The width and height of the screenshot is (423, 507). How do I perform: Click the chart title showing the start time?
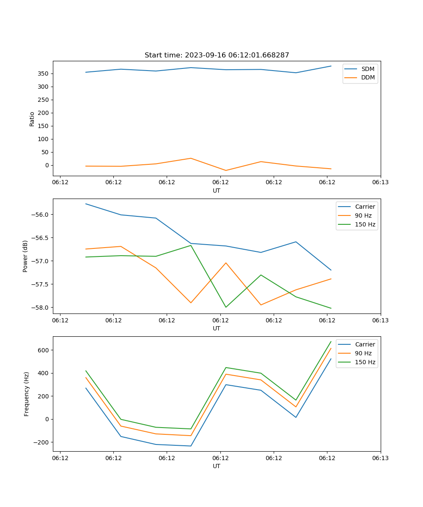tap(217, 55)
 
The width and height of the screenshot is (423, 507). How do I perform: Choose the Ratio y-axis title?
tap(32, 119)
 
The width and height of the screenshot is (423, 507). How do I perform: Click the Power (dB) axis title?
tap(25, 256)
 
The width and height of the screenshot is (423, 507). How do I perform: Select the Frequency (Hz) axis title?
tap(26, 394)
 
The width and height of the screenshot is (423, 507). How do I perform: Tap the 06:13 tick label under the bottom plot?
tap(380, 458)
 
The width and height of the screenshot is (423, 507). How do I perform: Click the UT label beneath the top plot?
tap(217, 191)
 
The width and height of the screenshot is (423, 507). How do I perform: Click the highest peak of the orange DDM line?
tap(191, 158)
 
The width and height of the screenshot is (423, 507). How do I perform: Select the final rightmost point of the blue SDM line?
tap(331, 66)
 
